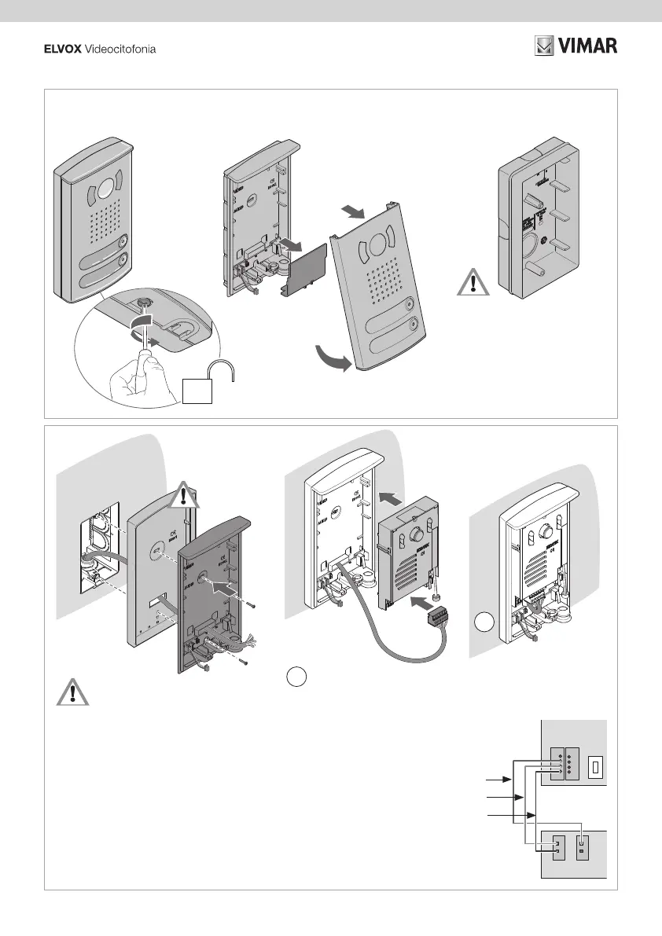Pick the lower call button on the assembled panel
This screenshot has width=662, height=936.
(121, 261)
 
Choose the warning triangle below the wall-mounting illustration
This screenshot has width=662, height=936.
(72, 692)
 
